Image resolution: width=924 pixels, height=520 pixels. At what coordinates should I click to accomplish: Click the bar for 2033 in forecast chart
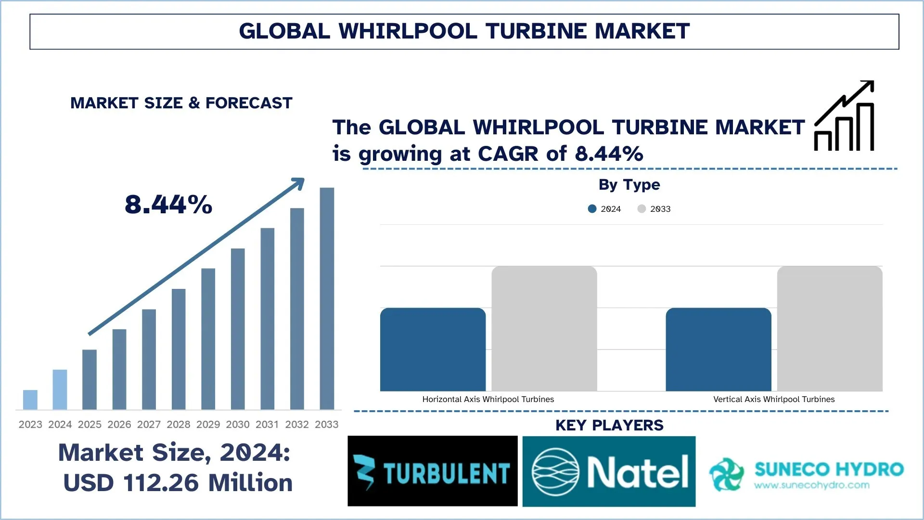tap(327, 299)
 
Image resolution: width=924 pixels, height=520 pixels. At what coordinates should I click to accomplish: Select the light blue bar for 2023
tap(30, 400)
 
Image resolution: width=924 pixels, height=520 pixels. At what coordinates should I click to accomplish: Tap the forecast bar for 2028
tap(179, 349)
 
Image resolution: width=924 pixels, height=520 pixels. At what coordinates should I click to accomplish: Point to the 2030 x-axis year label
tap(238, 424)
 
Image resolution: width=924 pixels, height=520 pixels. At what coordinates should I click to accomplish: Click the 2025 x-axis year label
tap(90, 424)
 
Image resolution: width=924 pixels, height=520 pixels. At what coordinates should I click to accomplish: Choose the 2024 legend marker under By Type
tap(592, 208)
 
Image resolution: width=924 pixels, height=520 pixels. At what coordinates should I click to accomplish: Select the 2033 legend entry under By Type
tap(654, 208)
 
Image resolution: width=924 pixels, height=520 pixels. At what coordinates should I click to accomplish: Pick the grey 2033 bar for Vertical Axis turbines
tap(830, 328)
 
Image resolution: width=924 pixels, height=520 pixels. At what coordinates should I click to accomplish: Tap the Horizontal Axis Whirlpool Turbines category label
tap(488, 399)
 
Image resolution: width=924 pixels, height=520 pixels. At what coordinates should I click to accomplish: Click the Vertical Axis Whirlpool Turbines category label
tap(774, 399)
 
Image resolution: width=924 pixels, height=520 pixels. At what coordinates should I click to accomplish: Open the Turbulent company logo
tap(432, 471)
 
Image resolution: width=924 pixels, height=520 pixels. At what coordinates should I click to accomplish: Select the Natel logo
tap(609, 471)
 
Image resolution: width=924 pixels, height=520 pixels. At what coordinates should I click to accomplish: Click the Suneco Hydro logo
tap(806, 474)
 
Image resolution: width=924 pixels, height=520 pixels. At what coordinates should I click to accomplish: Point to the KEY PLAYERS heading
tap(609, 425)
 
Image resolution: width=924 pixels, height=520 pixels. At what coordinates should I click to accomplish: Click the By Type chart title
tap(629, 184)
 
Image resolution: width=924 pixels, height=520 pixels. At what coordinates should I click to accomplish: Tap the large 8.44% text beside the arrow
tap(168, 204)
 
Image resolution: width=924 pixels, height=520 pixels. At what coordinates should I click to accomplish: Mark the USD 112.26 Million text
tap(178, 482)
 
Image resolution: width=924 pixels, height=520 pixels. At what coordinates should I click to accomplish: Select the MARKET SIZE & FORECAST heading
tap(181, 103)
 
